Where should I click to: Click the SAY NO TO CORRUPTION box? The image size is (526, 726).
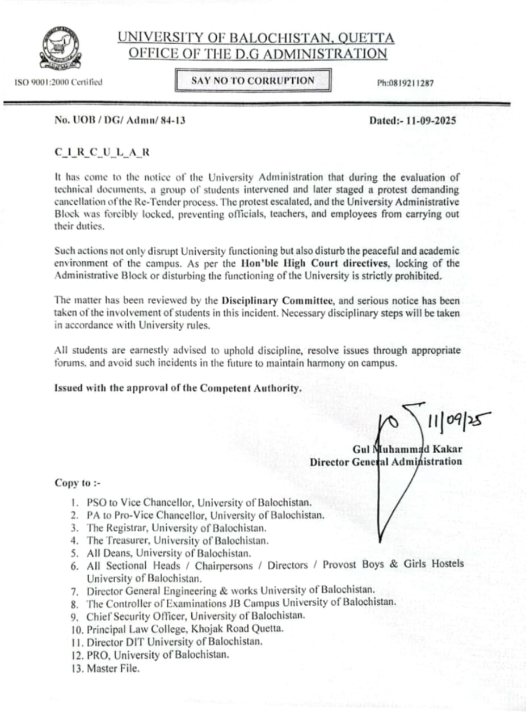[253, 81]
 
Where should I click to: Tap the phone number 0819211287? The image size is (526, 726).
[405, 83]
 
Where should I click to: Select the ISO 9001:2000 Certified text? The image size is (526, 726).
[58, 82]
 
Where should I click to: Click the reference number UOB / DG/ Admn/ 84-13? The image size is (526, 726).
[120, 120]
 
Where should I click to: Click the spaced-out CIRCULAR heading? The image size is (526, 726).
[102, 153]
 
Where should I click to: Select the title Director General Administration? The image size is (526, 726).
[386, 462]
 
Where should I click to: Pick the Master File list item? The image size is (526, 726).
[113, 669]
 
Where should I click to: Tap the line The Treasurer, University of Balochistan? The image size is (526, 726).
[178, 541]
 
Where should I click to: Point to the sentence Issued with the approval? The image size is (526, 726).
[176, 388]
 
